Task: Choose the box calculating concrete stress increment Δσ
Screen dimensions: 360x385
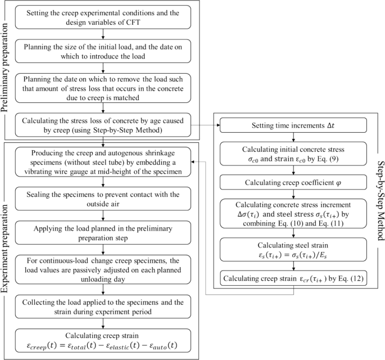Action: pos(293,214)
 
